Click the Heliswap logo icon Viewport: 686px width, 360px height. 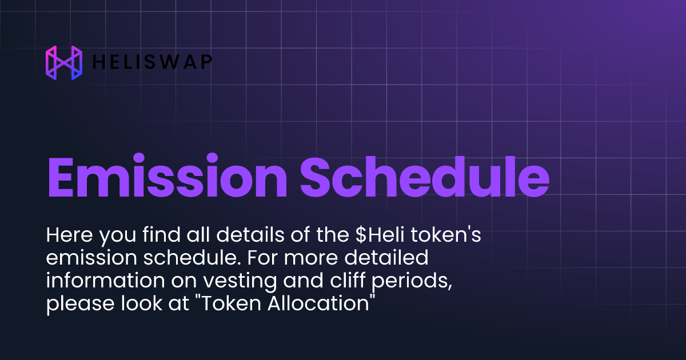pos(63,62)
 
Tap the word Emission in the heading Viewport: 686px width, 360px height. pos(166,177)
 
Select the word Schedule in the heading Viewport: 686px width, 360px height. pos(424,177)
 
